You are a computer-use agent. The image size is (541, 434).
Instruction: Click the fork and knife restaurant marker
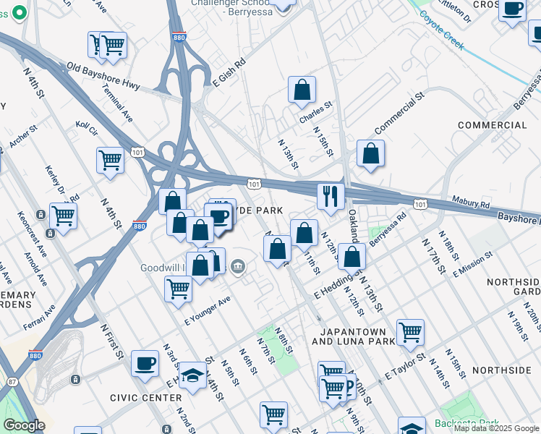(x=331, y=197)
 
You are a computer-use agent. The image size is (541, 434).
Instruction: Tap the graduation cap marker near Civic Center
(x=192, y=375)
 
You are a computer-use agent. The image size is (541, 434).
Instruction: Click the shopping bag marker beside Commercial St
(x=370, y=154)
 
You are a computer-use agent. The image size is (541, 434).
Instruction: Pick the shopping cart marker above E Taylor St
(x=410, y=333)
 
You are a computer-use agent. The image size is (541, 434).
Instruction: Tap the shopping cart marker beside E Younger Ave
(x=178, y=290)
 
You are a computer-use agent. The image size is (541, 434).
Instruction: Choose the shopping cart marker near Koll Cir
(x=110, y=161)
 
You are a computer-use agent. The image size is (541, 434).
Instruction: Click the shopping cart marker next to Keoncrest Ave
(x=63, y=216)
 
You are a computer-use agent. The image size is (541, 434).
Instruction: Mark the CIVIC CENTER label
(x=146, y=398)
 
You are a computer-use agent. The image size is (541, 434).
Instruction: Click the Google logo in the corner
(x=24, y=425)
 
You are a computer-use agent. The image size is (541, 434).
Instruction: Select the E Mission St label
(x=472, y=264)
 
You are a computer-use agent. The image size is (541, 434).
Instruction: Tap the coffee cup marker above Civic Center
(x=145, y=363)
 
